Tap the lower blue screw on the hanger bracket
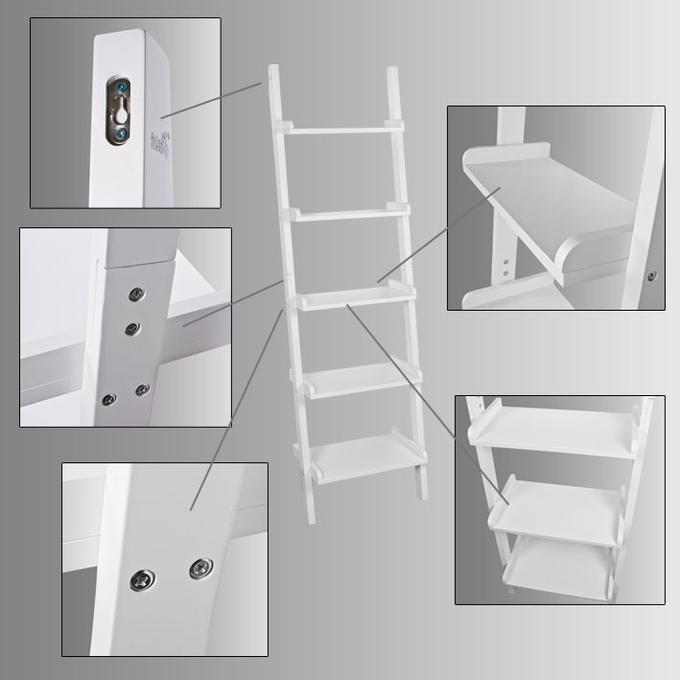point(118,137)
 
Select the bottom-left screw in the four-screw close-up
point(108,400)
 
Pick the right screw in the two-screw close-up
point(199,570)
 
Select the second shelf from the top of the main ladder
point(348,211)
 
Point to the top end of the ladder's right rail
point(391,71)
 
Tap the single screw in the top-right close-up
point(652,276)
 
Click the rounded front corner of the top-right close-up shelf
point(566,256)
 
